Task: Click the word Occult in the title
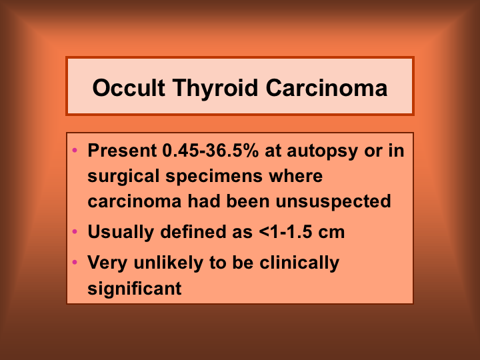(x=129, y=88)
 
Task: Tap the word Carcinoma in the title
(x=327, y=88)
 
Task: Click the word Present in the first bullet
(x=122, y=150)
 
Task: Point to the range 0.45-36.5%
(x=211, y=150)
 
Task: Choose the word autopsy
(x=322, y=152)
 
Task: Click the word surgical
(x=123, y=177)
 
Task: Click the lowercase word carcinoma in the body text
(x=135, y=202)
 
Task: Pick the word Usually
(x=121, y=233)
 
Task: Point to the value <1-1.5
(x=285, y=232)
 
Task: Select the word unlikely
(x=169, y=263)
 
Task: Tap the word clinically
(x=299, y=263)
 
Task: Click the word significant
(x=135, y=289)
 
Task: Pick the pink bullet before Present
(x=75, y=150)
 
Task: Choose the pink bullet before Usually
(x=75, y=231)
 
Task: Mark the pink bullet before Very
(x=75, y=262)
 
